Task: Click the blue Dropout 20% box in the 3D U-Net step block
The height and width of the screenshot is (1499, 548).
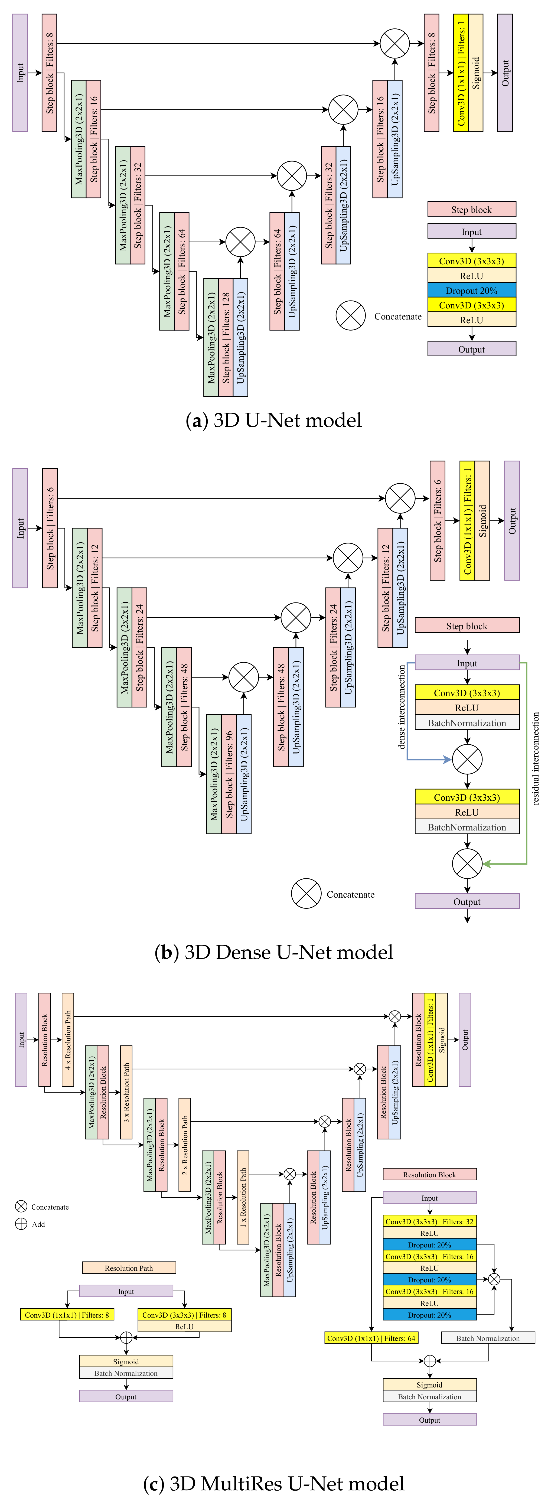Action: pyautogui.click(x=471, y=290)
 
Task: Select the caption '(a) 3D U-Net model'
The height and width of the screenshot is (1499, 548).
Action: pyautogui.click(x=273, y=420)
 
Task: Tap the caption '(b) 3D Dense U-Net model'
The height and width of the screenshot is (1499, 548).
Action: pyautogui.click(x=273, y=952)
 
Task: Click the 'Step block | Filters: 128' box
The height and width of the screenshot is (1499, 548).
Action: pyautogui.click(x=226, y=337)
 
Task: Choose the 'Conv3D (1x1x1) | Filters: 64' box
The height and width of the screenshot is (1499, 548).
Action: pyautogui.click(x=371, y=1338)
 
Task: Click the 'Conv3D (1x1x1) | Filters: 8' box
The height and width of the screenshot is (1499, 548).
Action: pyautogui.click(x=67, y=1315)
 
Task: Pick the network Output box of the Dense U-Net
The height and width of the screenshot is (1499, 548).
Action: pyautogui.click(x=512, y=521)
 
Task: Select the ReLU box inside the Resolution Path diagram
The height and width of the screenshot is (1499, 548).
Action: pyautogui.click(x=184, y=1327)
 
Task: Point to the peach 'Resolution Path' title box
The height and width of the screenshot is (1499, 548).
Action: pyautogui.click(x=129, y=1268)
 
